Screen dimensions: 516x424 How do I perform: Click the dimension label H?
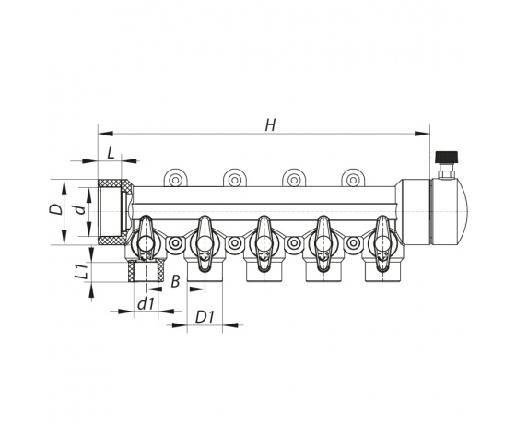click(x=271, y=125)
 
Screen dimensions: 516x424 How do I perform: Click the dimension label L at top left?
click(x=111, y=153)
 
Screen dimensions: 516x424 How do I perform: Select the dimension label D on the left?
click(x=55, y=209)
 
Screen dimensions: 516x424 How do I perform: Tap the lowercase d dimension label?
click(x=79, y=209)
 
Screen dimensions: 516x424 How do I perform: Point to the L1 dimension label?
click(x=82, y=272)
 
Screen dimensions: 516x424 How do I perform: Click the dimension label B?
click(x=176, y=281)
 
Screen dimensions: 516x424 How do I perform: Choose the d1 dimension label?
click(x=147, y=304)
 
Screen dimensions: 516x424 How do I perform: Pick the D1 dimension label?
click(x=205, y=317)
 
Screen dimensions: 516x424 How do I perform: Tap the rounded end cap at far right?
click(x=450, y=212)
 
